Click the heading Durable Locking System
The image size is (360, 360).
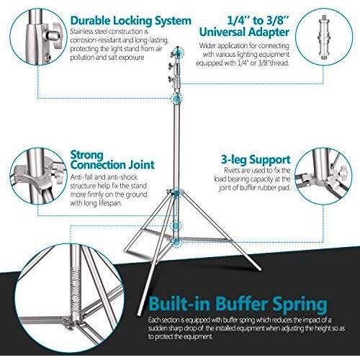(x=131, y=21)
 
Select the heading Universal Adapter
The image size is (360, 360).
(x=244, y=32)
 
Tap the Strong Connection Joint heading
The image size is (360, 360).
(x=112, y=160)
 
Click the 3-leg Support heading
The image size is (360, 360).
(x=256, y=160)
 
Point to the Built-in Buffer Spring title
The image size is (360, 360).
(x=238, y=304)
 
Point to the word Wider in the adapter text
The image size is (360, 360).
(x=207, y=45)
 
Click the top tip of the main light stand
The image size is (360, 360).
(x=178, y=47)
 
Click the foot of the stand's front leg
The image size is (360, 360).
(x=139, y=314)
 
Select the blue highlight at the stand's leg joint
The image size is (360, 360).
(x=177, y=194)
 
